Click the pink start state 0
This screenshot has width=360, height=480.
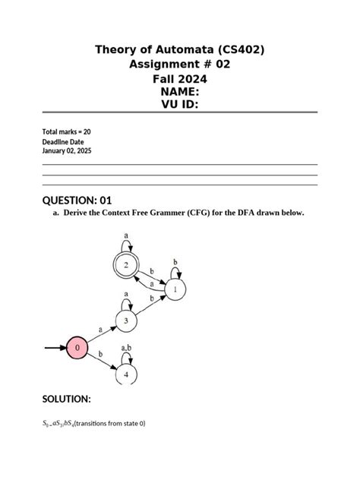tap(77, 349)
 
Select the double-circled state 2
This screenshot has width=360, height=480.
tap(126, 266)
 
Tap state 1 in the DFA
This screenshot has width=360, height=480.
tap(175, 289)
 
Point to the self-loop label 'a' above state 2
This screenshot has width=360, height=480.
tap(126, 236)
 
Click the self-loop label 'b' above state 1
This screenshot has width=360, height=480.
tap(176, 261)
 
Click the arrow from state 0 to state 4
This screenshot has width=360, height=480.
tap(102, 362)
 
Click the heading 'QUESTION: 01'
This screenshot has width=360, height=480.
tap(77, 200)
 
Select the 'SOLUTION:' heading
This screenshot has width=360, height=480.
tap(67, 399)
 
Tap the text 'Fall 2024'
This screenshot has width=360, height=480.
tap(180, 78)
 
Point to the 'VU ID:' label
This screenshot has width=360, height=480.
tap(180, 105)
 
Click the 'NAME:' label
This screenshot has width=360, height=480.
tap(180, 91)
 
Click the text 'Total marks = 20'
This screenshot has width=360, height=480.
tap(67, 132)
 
